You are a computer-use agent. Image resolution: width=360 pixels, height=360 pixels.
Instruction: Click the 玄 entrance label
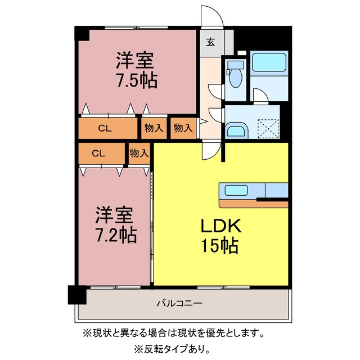point(210,42)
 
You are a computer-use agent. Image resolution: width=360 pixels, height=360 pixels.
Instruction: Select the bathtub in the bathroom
point(269,62)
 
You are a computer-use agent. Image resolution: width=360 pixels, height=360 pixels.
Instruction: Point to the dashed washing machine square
point(268,129)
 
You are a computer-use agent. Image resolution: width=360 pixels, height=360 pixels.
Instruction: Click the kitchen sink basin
point(236,190)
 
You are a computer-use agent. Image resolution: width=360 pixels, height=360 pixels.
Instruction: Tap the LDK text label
point(221,226)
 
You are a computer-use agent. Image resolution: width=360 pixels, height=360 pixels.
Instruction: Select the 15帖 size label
point(219,245)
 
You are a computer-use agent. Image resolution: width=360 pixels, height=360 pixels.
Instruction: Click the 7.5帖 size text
point(137,80)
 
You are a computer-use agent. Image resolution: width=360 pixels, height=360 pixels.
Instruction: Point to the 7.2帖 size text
point(116,235)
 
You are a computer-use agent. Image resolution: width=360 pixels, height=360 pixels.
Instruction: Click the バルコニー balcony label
point(179,303)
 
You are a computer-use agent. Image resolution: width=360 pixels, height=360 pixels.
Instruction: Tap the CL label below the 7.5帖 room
point(105,128)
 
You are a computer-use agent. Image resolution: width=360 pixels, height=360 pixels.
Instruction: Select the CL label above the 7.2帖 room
point(98,153)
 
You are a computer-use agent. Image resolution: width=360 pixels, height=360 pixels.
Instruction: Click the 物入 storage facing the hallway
point(183,128)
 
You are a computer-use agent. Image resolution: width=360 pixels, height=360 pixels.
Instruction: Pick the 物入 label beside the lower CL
point(139,153)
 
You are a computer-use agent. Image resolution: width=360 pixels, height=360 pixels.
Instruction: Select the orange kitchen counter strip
point(254,204)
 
